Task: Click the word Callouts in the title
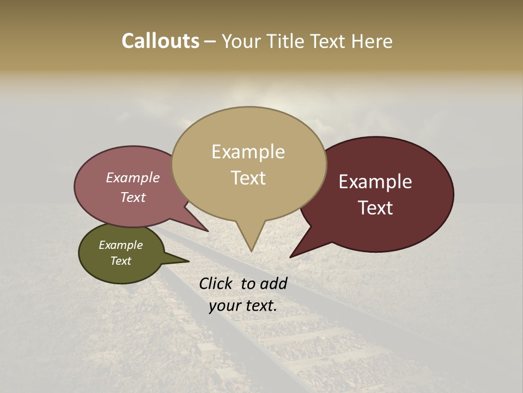[x=160, y=41]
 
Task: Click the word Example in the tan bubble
[x=248, y=152]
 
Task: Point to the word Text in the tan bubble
[x=248, y=178]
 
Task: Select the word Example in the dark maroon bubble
[x=375, y=182]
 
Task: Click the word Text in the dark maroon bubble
[x=376, y=208]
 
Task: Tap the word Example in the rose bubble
[x=133, y=177]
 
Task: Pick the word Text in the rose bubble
[x=133, y=197]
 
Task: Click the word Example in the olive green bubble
[x=121, y=245]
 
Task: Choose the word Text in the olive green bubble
[x=121, y=261]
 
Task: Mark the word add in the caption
[x=273, y=283]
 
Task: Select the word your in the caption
[x=224, y=306]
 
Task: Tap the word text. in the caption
[x=259, y=306]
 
